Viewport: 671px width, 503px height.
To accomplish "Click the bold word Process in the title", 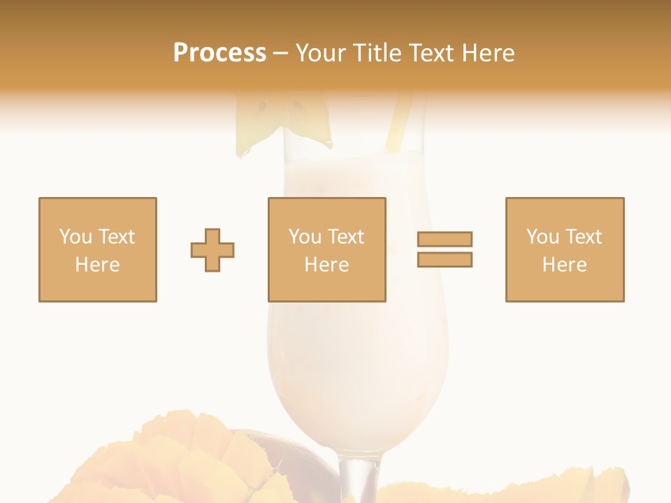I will pyautogui.click(x=219, y=53).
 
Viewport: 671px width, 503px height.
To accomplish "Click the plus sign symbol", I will pyautogui.click(x=212, y=250).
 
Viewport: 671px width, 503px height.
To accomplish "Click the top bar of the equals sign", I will pyautogui.click(x=445, y=239).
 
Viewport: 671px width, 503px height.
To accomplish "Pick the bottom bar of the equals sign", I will pyautogui.click(x=445, y=260).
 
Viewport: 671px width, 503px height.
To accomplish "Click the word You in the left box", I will pyautogui.click(x=75, y=237).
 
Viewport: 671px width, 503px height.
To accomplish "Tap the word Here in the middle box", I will pyautogui.click(x=326, y=265).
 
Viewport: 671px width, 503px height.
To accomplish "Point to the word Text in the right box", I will pyautogui.click(x=584, y=237).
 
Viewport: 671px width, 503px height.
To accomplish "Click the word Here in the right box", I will pyautogui.click(x=564, y=265).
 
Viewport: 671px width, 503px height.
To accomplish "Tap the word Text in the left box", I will pyautogui.click(x=117, y=237).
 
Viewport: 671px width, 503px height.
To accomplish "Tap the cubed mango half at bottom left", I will pyautogui.click(x=182, y=461).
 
